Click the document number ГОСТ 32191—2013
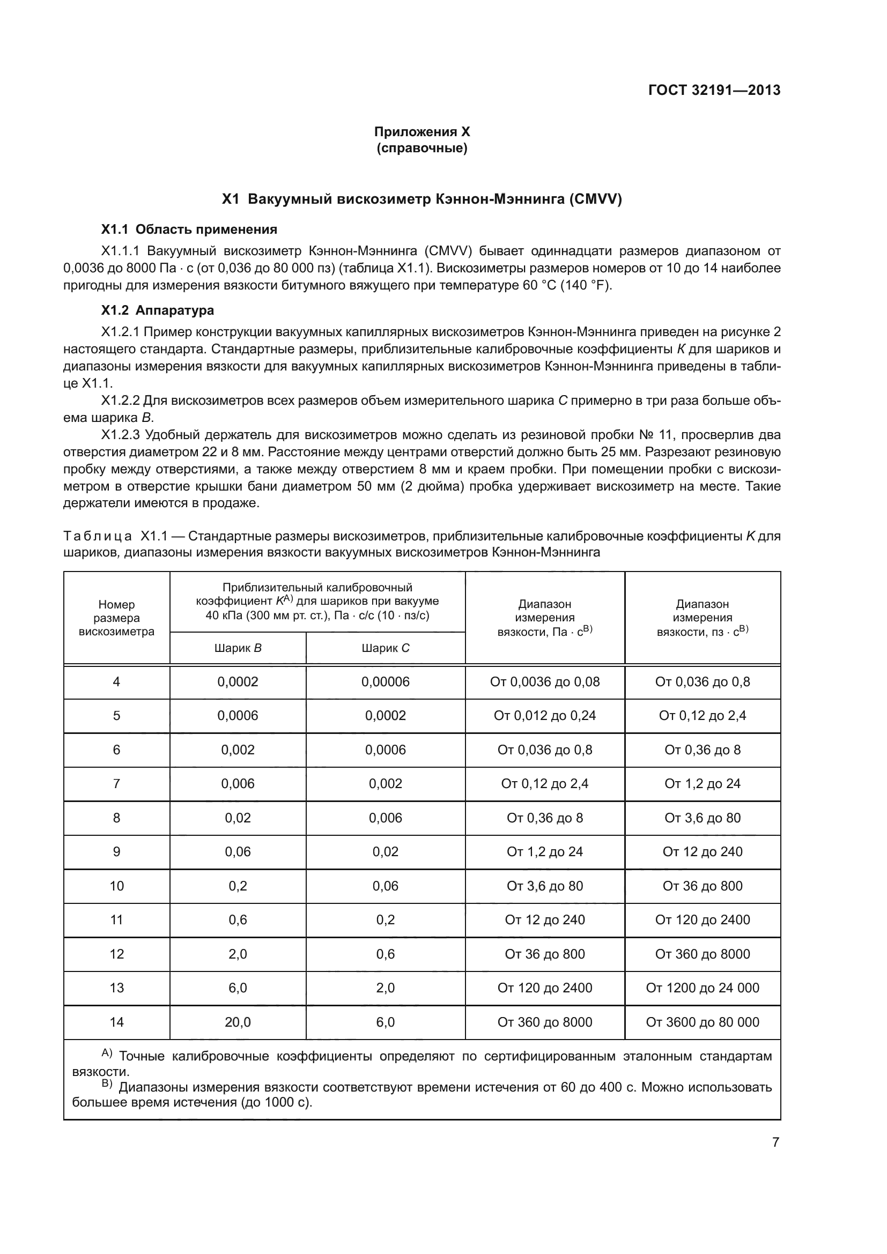click(714, 90)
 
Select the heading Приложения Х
click(422, 132)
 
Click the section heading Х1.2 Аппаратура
click(157, 310)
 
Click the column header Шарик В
click(238, 648)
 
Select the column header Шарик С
click(385, 648)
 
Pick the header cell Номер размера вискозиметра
click(116, 618)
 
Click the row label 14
click(116, 1022)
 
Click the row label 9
click(116, 851)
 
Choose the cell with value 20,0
click(238, 1022)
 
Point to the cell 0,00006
click(385, 681)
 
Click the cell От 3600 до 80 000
click(703, 1022)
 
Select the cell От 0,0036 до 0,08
click(544, 681)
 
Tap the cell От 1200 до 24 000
click(703, 988)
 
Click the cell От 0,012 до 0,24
click(544, 716)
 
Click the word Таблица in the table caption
click(97, 536)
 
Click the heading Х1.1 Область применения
click(189, 229)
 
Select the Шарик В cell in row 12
click(238, 954)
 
